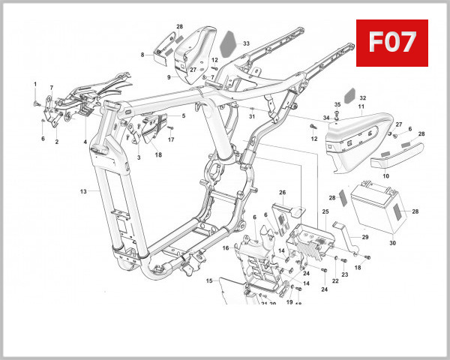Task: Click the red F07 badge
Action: pos(391,43)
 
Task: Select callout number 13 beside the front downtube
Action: pos(84,191)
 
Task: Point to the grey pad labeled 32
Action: pos(349,100)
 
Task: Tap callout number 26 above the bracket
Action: pos(283,193)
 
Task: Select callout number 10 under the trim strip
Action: pos(386,175)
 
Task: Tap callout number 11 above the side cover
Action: pos(360,108)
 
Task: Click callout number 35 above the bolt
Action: pos(337,104)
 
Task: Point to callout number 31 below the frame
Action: pos(252,116)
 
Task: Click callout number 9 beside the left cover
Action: pos(169,77)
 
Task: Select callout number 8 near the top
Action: pos(142,55)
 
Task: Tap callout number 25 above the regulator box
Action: pos(325,212)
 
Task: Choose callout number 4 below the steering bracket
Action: pos(85,141)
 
